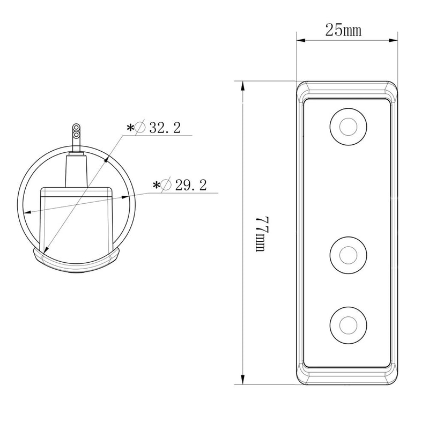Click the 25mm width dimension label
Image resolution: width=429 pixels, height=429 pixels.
point(343,31)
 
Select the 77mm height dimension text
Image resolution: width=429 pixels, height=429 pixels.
point(261,235)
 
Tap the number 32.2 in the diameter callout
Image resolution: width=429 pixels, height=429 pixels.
point(165,128)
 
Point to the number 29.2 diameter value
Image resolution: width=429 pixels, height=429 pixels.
point(191,186)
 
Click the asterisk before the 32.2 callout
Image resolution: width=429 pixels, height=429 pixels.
point(130,128)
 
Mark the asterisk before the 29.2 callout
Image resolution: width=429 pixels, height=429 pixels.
point(156,186)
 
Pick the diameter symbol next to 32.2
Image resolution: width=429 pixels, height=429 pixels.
point(141,128)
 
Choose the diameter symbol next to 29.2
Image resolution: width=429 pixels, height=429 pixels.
point(167,186)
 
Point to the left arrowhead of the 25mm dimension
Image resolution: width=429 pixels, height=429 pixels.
point(301,40)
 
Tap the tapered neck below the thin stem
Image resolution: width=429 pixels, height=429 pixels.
point(76,169)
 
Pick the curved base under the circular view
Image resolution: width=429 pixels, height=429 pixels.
point(76,263)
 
